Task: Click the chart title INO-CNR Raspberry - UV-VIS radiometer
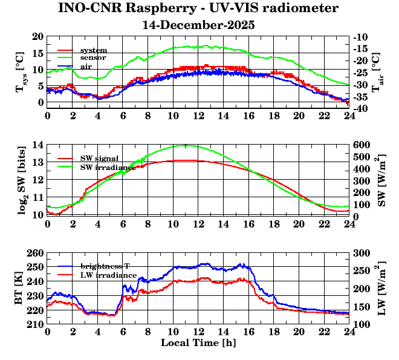point(199,8)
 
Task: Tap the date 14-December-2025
point(199,25)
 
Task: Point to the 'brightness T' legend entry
point(105,266)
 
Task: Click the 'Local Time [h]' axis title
point(198,343)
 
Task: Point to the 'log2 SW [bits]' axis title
point(20,180)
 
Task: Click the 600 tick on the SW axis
point(362,145)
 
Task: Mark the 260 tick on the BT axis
point(37,253)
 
